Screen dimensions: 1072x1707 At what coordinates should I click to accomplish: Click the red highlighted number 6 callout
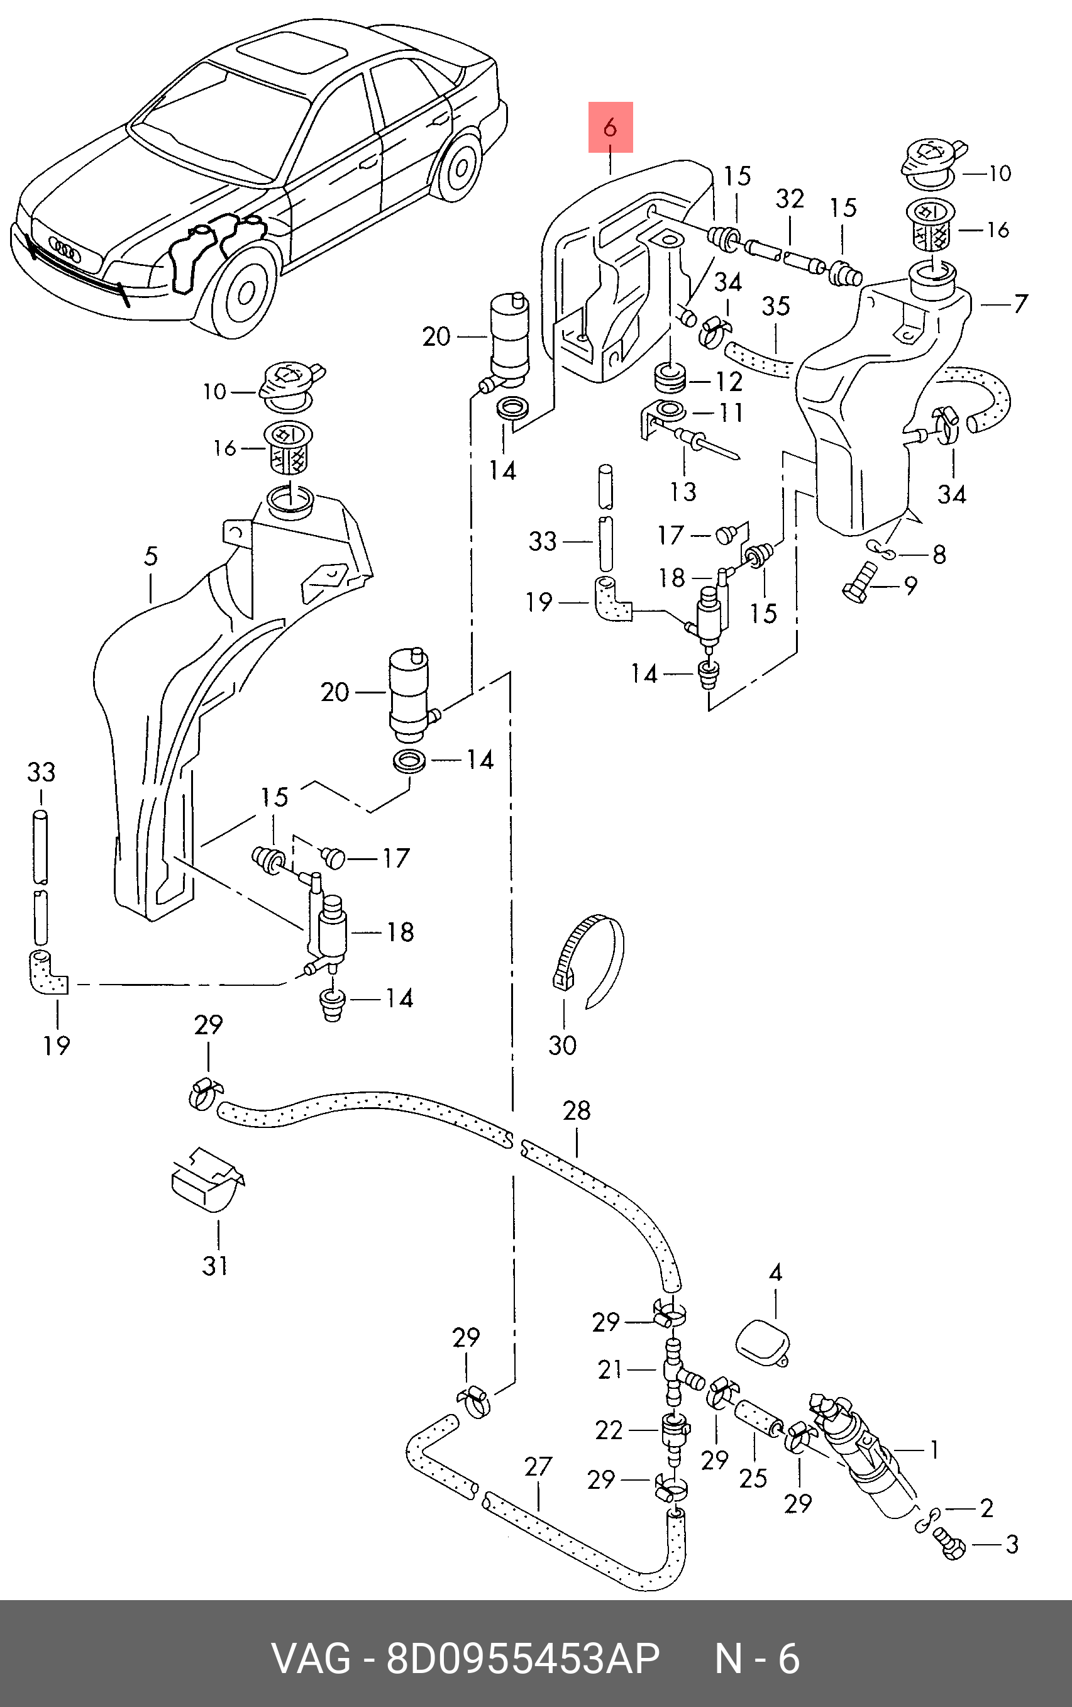[611, 128]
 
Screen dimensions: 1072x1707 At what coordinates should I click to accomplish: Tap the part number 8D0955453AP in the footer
[522, 1659]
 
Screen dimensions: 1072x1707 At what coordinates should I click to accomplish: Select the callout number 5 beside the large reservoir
[150, 556]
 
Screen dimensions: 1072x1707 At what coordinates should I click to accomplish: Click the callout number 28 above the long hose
[577, 1111]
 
